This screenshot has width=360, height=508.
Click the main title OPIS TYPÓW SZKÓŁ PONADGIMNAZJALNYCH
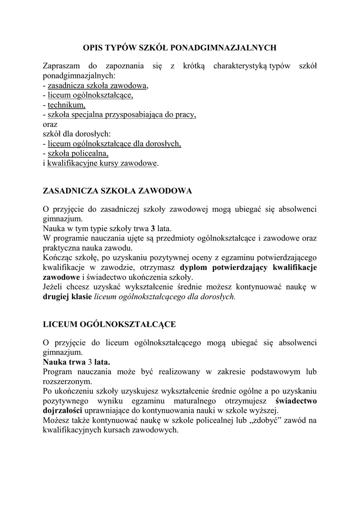(179, 48)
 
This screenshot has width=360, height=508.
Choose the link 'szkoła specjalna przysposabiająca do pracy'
(122, 115)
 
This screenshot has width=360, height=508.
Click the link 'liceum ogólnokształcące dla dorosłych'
(114, 144)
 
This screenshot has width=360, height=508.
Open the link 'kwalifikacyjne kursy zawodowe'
(102, 163)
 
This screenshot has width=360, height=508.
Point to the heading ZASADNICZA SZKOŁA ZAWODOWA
(117, 190)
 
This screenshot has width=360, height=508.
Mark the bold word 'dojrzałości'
(63, 411)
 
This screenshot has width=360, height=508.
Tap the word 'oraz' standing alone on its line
(51, 125)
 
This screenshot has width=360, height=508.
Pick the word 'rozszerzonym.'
(68, 381)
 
